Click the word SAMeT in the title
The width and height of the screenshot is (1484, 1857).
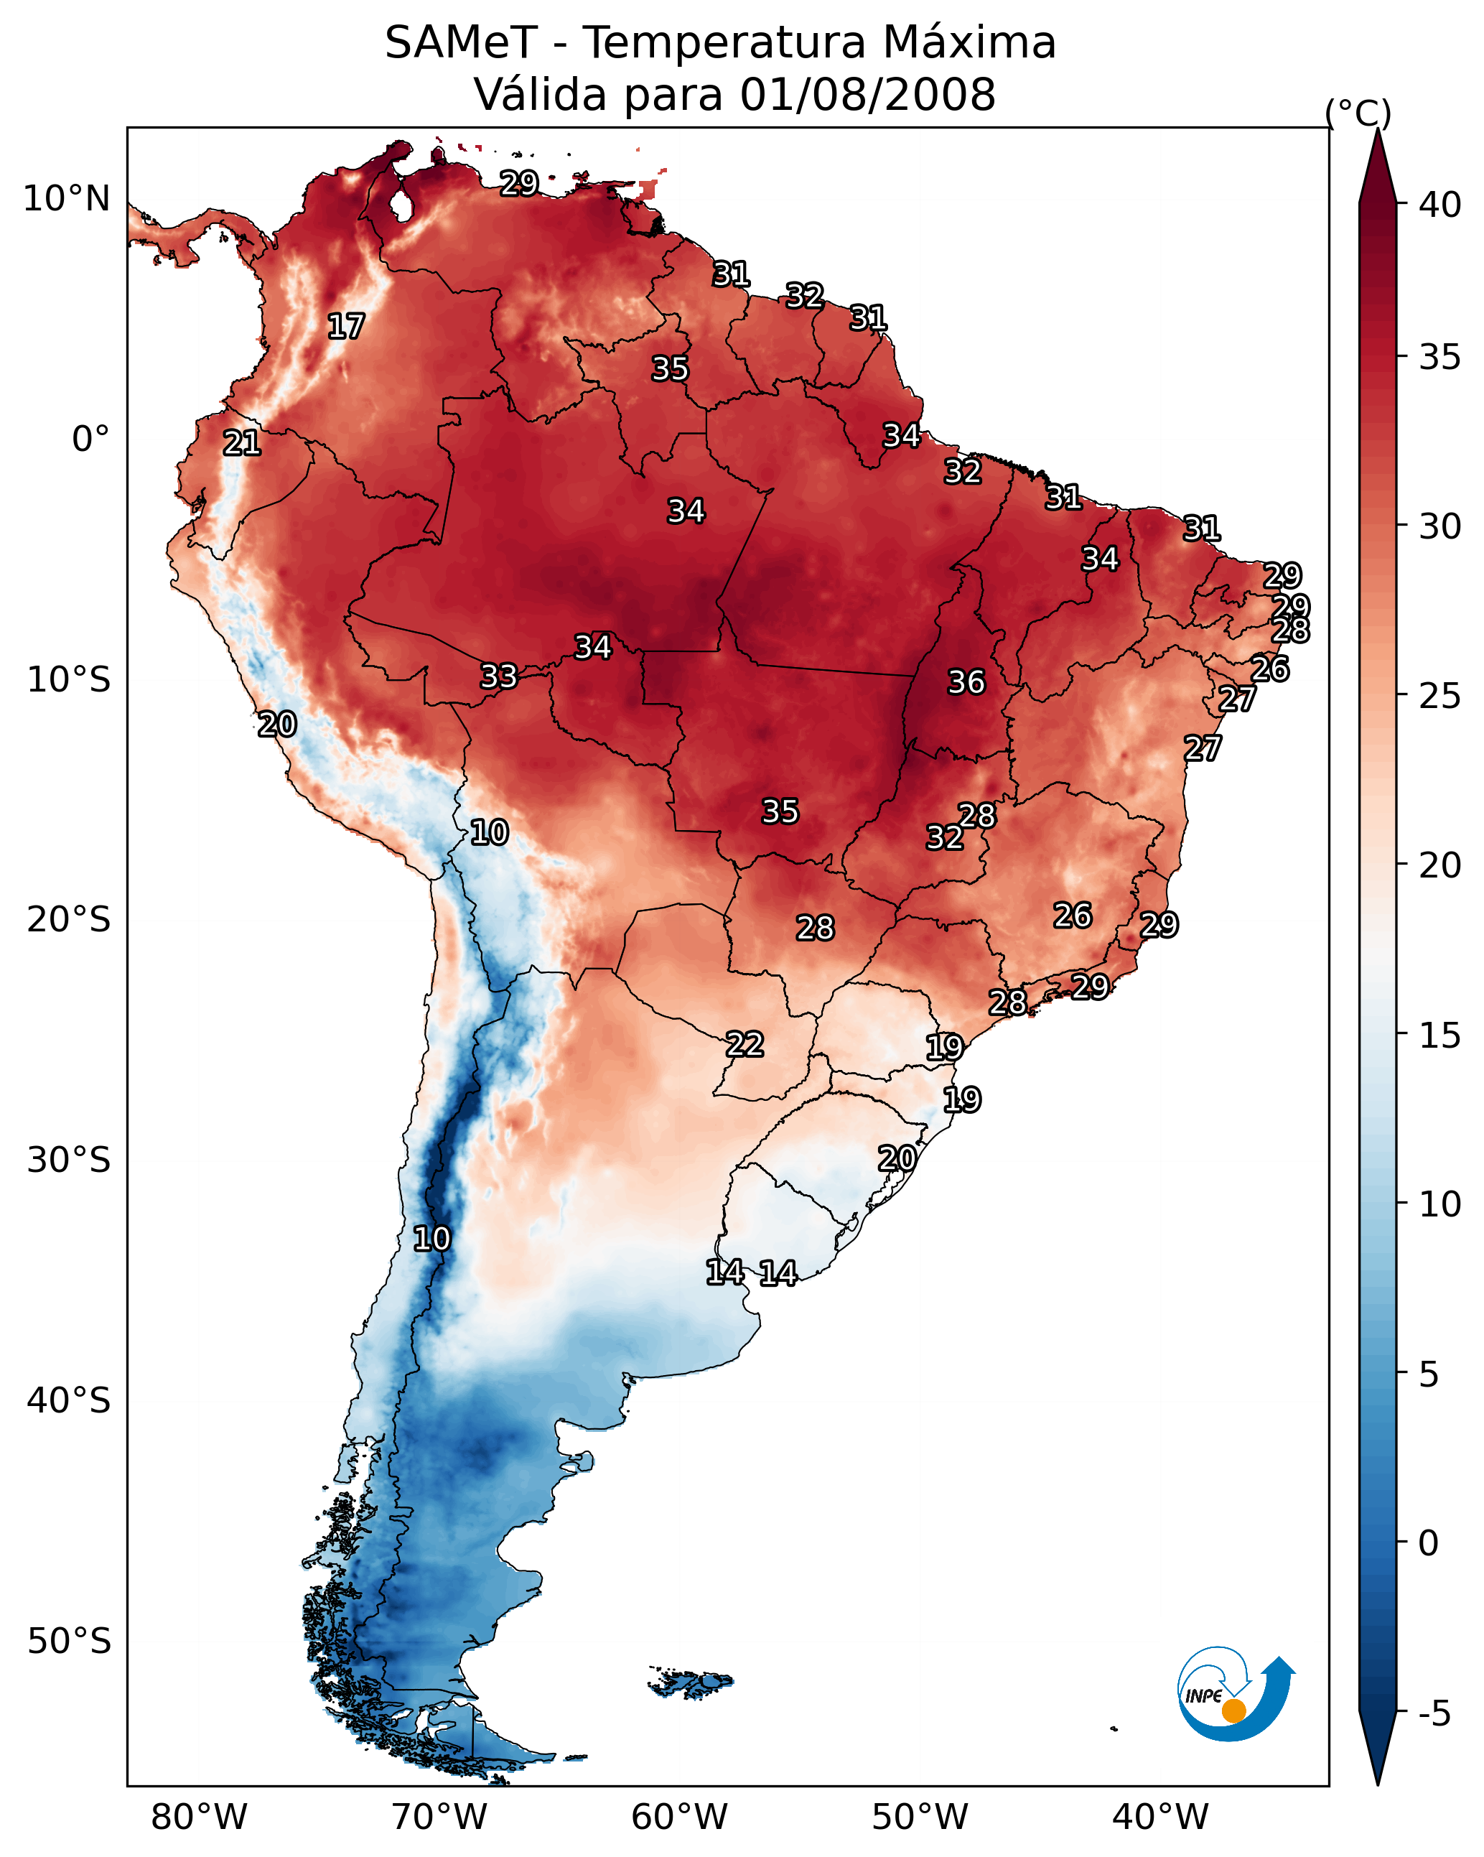click(x=461, y=43)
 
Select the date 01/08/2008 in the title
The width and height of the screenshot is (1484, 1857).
click(x=867, y=95)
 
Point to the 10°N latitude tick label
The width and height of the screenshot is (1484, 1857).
click(x=66, y=199)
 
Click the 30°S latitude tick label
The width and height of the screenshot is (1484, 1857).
click(x=69, y=1160)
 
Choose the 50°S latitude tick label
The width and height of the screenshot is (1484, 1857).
click(x=69, y=1642)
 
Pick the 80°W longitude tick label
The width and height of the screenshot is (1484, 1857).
click(x=199, y=1818)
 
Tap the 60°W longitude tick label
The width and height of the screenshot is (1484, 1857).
click(x=680, y=1818)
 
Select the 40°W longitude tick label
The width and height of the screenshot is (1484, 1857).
click(x=1160, y=1818)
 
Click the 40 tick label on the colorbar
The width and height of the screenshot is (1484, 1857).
click(x=1440, y=205)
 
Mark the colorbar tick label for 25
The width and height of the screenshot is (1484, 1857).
click(x=1440, y=696)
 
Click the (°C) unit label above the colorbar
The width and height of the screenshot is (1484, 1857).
click(x=1358, y=113)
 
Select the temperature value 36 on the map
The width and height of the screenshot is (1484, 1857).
click(x=966, y=682)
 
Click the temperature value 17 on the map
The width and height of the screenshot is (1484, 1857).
click(x=346, y=327)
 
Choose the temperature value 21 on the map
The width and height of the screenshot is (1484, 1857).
click(x=242, y=444)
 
